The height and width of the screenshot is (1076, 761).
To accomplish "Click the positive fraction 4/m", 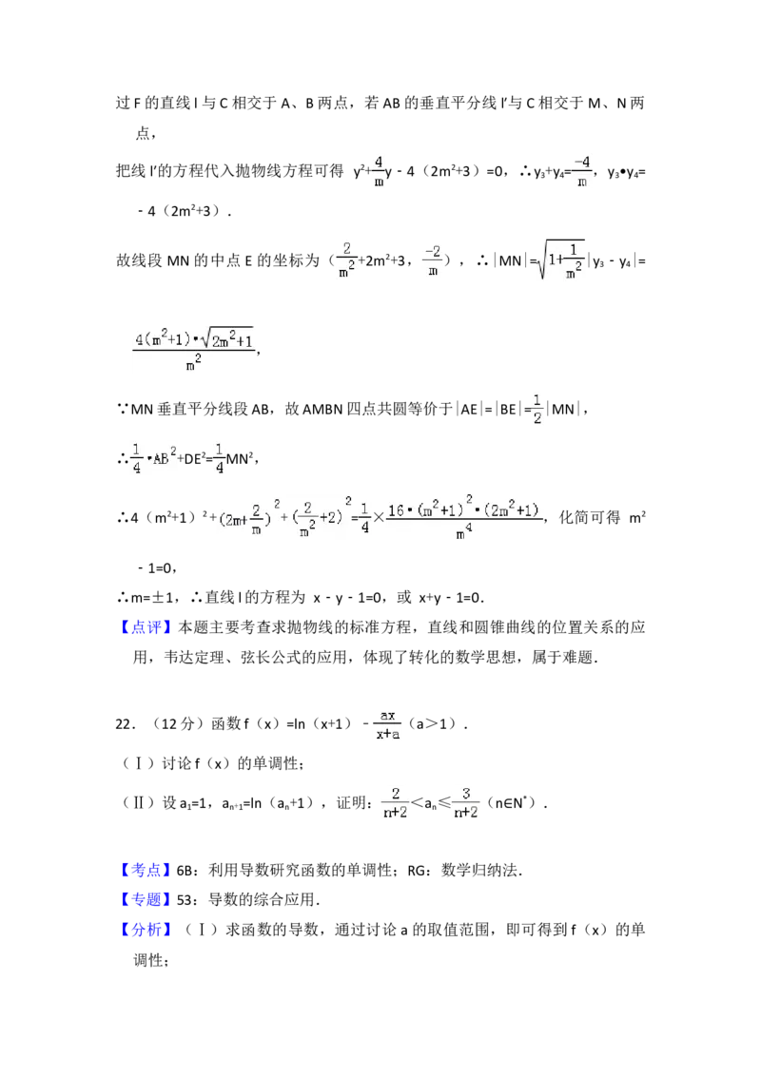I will pyautogui.click(x=378, y=171).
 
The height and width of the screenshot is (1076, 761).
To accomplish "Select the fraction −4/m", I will pyautogui.click(x=582, y=171).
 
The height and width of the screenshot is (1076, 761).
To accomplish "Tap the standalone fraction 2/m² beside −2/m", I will pyautogui.click(x=349, y=259).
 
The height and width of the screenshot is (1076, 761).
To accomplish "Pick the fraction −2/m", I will pyautogui.click(x=433, y=259).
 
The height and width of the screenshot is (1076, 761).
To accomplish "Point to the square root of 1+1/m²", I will pyautogui.click(x=560, y=259).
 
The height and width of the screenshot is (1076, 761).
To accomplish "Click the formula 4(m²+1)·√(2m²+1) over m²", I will pyautogui.click(x=194, y=350).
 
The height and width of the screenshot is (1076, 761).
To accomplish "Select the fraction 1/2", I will pyautogui.click(x=537, y=407).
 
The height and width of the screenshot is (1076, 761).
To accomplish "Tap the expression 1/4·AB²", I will pyautogui.click(x=155, y=456).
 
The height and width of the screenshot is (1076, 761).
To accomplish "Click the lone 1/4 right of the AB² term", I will pyautogui.click(x=217, y=456).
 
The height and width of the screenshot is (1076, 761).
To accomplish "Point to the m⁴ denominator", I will pyautogui.click(x=464, y=534).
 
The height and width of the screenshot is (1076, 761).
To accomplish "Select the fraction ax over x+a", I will pyautogui.click(x=384, y=723).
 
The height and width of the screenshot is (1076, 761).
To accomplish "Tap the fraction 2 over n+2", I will pyautogui.click(x=396, y=802).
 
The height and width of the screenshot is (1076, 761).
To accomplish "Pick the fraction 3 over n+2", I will pyautogui.click(x=467, y=802).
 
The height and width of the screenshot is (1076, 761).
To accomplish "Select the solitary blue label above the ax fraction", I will pyautogui.click(x=147, y=627).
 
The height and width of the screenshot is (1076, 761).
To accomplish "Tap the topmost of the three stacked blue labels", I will pyautogui.click(x=147, y=870).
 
